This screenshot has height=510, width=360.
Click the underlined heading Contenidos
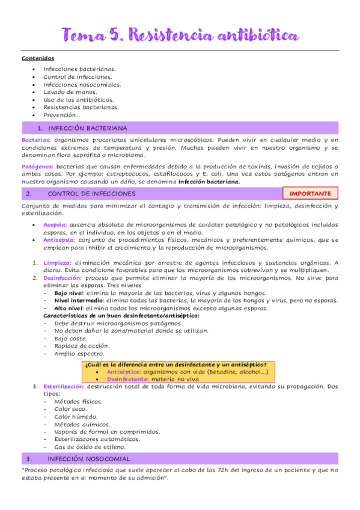38,58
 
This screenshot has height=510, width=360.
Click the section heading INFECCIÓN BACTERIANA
88,128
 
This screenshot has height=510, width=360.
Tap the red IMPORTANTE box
310,194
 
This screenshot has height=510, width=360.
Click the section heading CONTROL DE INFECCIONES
91,194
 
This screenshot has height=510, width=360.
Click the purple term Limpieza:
57,263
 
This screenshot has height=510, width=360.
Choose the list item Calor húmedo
75,416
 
